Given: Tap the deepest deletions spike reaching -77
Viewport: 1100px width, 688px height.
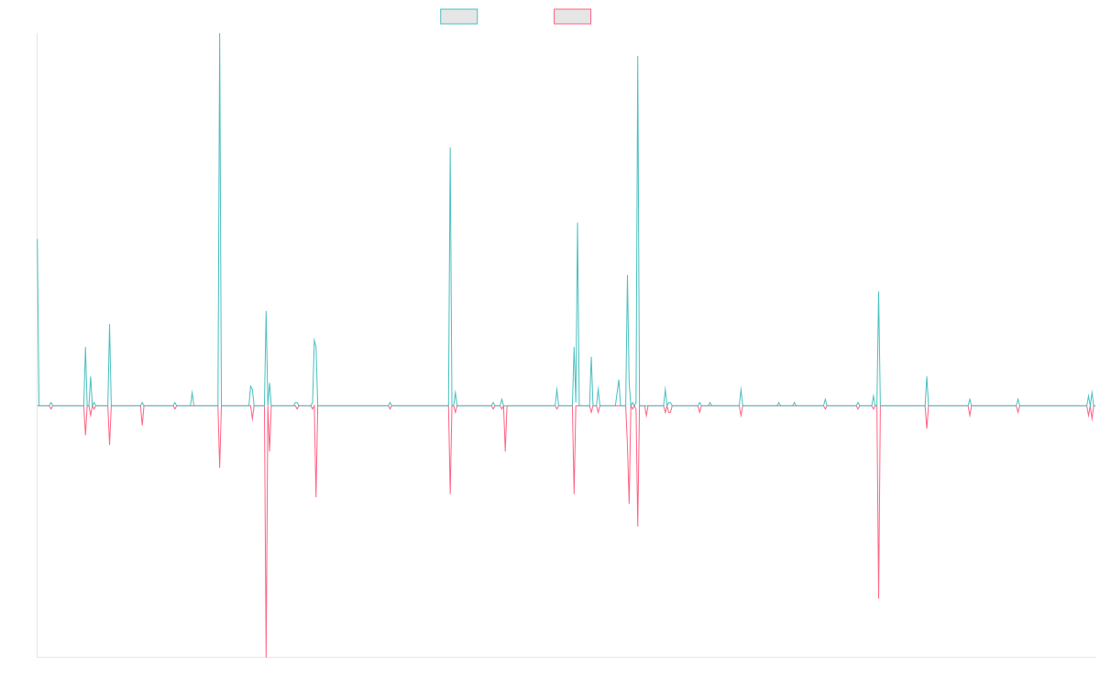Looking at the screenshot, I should point(266,655).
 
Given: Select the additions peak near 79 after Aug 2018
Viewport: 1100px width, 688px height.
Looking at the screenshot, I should point(449,149).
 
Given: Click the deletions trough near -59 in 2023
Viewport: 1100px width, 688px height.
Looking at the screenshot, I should point(878,597).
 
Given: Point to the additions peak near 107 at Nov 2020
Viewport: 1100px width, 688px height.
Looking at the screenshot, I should point(638,57).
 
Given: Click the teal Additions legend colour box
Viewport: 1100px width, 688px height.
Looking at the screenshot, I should point(459,17).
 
